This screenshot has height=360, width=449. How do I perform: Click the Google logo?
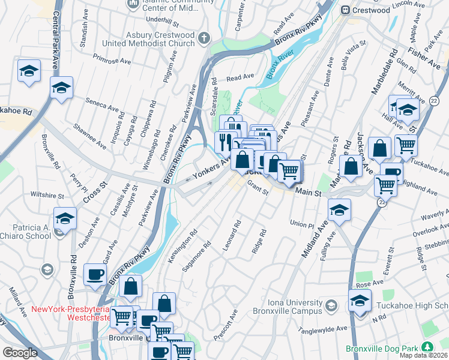pos(20,353)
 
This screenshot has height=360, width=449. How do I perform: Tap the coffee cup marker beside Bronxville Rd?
pos(95,274)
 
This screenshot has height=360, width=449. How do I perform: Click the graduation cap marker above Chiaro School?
pos(65,218)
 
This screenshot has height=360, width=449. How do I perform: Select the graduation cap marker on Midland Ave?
pos(339,210)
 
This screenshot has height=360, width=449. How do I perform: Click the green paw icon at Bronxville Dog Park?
pos(427,347)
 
